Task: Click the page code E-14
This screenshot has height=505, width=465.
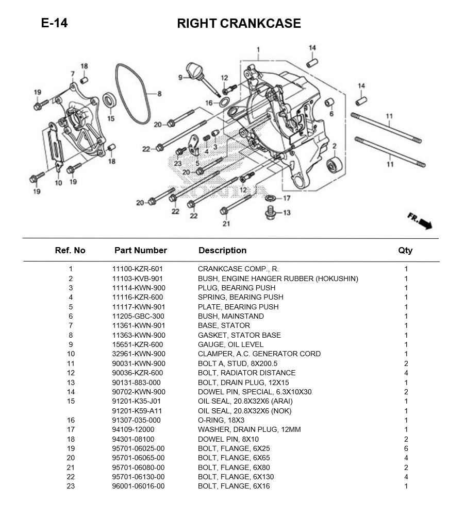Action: pos(54,24)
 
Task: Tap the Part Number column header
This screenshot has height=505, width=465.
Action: pos(140,251)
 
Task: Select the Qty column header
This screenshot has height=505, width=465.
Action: pos(405,251)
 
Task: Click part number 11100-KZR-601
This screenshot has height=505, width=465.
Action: pos(138,269)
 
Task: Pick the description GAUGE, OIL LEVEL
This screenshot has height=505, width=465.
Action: pos(230,344)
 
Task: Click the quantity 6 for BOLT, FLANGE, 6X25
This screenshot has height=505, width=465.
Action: pos(406,448)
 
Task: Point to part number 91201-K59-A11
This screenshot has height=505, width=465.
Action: pos(138,411)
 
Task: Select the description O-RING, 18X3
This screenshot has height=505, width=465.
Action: pos(221,420)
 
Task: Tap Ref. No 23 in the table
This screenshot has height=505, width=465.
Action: pos(71,486)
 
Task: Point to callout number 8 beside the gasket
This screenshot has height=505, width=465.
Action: pos(159,94)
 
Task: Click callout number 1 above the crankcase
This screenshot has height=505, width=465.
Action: pos(258,50)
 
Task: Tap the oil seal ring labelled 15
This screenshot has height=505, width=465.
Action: pos(110,99)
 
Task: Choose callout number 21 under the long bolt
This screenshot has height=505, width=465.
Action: pos(226,223)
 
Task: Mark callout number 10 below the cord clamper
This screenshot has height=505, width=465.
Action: pos(58,183)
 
